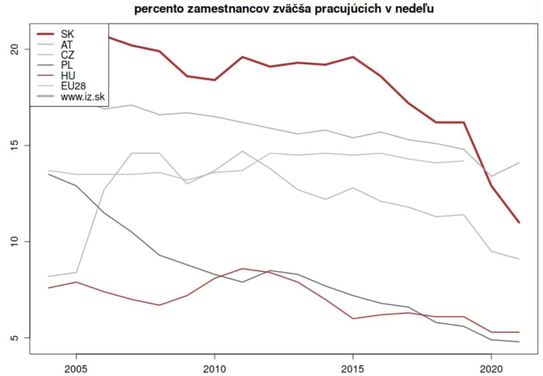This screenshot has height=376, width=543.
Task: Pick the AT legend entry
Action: [67, 44]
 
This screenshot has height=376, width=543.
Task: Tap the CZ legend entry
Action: [67, 55]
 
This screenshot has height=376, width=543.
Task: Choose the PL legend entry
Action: [67, 66]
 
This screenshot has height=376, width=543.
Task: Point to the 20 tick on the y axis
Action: [14, 49]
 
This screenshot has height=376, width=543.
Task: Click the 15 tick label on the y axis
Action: [14, 145]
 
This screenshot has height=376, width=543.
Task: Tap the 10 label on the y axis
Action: [14, 241]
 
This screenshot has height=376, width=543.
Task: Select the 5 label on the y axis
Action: [14, 338]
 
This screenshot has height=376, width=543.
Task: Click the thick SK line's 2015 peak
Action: [353, 57]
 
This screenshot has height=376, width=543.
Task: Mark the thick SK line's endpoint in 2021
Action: [519, 223]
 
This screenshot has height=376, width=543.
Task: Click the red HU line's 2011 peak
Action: [242, 268]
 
